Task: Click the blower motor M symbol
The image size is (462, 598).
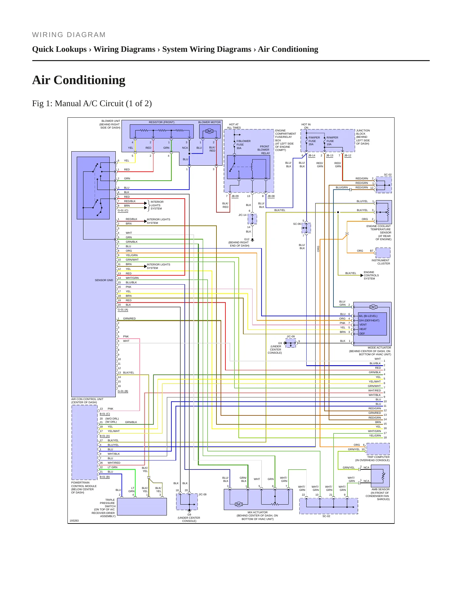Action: click(x=209, y=131)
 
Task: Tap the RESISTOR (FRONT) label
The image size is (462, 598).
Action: click(x=161, y=122)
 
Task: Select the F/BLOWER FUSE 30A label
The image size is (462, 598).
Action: click(x=243, y=145)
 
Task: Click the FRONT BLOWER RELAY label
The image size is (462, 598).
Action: click(x=263, y=150)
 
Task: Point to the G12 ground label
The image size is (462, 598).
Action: click(x=247, y=239)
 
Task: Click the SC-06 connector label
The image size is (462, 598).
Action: click(x=297, y=224)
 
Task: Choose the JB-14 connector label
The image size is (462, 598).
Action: click(x=311, y=156)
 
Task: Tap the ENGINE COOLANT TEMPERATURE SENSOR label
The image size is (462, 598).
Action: click(x=379, y=232)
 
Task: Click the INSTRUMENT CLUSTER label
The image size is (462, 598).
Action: click(x=380, y=262)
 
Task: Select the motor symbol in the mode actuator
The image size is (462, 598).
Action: click(x=373, y=307)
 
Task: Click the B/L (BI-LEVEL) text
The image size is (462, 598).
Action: click(x=368, y=316)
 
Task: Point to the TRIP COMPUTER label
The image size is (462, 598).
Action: click(x=378, y=457)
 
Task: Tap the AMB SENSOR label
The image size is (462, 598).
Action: click(x=380, y=489)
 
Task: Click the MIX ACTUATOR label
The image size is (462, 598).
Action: click(x=258, y=512)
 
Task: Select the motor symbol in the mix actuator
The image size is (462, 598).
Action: click(x=239, y=504)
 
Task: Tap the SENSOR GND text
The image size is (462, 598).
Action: click(x=104, y=280)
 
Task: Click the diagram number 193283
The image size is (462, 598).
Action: click(x=74, y=521)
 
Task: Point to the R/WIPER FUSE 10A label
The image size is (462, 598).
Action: click(x=332, y=141)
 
